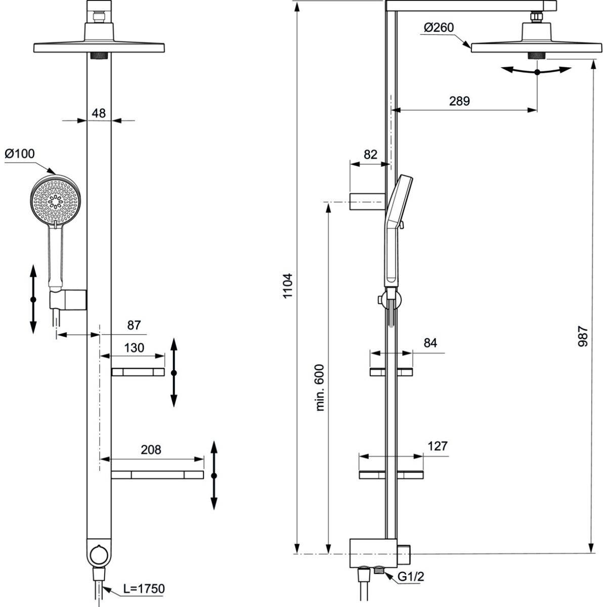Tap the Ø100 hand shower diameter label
click(x=20, y=154)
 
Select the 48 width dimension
click(x=99, y=113)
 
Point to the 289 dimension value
click(x=459, y=101)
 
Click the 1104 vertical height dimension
click(x=288, y=286)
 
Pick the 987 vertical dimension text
click(x=582, y=336)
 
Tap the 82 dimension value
click(x=371, y=155)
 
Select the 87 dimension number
click(x=134, y=325)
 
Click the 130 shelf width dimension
click(x=134, y=348)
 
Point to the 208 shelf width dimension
click(x=150, y=449)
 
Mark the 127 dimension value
click(x=438, y=446)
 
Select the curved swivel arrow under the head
click(x=537, y=71)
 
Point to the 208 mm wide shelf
click(x=157, y=475)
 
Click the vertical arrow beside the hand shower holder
click(x=33, y=299)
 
